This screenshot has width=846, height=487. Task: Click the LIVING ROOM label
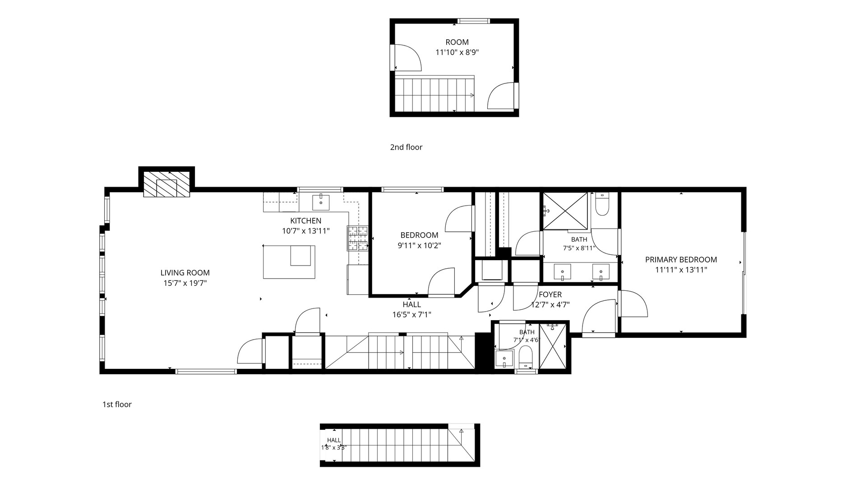(x=185, y=273)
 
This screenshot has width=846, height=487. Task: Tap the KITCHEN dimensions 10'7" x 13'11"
(x=305, y=231)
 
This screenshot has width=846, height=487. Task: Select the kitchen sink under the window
(x=321, y=202)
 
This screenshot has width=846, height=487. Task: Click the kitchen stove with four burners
(x=358, y=238)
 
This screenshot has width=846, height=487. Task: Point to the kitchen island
(x=289, y=262)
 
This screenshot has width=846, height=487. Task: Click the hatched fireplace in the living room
(x=166, y=184)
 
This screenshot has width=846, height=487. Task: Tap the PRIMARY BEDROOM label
(x=681, y=260)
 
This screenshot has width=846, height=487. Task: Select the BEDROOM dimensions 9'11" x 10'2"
(x=419, y=246)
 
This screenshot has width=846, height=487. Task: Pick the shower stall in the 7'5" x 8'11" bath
(x=565, y=211)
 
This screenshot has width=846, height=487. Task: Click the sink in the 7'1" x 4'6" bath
(x=503, y=359)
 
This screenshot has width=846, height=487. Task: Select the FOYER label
(x=550, y=294)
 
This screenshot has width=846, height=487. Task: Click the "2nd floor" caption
(x=406, y=147)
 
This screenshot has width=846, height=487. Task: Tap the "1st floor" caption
(x=117, y=404)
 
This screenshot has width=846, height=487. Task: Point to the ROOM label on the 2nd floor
(x=457, y=42)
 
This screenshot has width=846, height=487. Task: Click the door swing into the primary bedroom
(x=634, y=303)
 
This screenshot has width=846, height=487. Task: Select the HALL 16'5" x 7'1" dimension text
(x=411, y=315)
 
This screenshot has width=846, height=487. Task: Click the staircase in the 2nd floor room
(x=435, y=94)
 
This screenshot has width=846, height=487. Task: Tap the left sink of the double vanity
(x=562, y=272)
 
